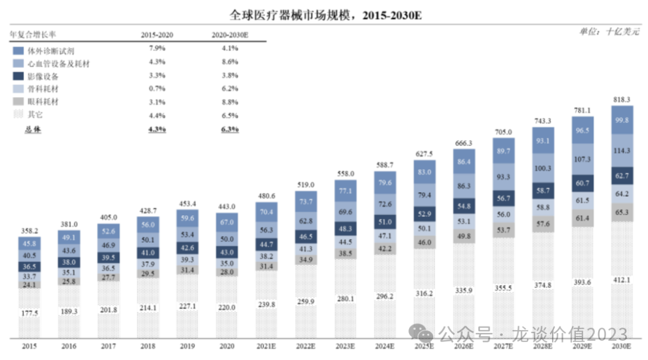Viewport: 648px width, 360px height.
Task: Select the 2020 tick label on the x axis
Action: click(227, 347)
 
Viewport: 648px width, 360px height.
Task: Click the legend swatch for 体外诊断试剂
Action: click(18, 50)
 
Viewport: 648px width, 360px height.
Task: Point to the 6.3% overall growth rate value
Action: click(229, 129)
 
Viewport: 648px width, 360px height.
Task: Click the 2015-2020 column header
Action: click(157, 35)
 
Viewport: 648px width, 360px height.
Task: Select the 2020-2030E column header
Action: click(229, 35)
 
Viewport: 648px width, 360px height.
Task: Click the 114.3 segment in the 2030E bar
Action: click(623, 151)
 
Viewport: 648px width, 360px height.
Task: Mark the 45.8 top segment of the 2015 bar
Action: click(30, 244)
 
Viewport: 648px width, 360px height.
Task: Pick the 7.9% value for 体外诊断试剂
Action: click(157, 49)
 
